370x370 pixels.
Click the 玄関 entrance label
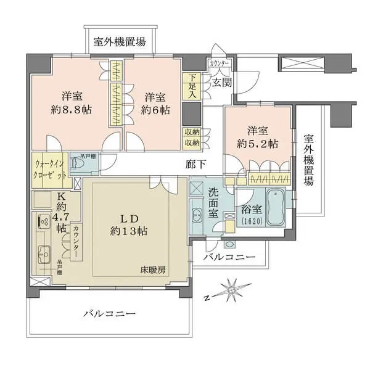221,83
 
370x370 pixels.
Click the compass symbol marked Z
232,289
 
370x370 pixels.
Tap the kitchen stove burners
43,220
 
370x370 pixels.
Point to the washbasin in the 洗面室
198,215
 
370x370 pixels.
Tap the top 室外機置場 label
120,42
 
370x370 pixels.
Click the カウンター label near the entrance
219,64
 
